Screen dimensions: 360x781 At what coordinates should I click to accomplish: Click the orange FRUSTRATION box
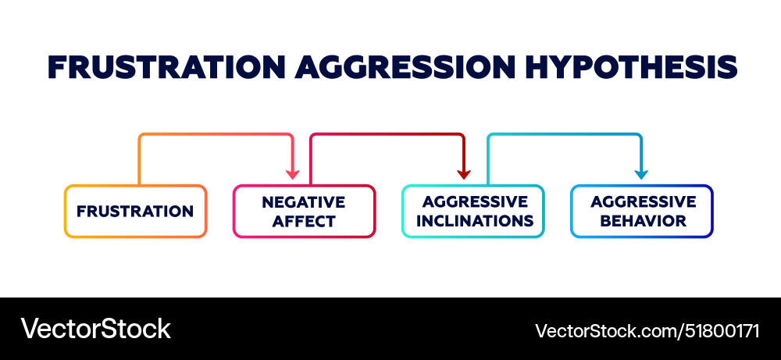pyautogui.click(x=135, y=211)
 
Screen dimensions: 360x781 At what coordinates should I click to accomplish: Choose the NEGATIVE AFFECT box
pyautogui.click(x=304, y=211)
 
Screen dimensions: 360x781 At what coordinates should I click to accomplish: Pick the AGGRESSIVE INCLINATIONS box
pyautogui.click(x=473, y=211)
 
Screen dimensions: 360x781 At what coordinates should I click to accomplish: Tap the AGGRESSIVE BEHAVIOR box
pyautogui.click(x=642, y=211)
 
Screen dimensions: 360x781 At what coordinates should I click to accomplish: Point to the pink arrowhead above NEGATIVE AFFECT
pyautogui.click(x=293, y=173)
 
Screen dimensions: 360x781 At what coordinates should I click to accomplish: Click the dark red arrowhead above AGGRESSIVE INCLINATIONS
pyautogui.click(x=463, y=173)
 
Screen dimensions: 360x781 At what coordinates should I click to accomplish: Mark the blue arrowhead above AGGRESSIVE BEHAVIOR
pyautogui.click(x=642, y=173)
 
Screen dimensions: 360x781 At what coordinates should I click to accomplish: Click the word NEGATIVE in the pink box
pyautogui.click(x=304, y=201)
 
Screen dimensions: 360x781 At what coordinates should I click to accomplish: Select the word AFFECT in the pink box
pyautogui.click(x=304, y=221)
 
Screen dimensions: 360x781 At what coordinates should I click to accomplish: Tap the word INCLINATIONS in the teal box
pyautogui.click(x=475, y=221)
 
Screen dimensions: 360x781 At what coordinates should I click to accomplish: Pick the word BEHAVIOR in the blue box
pyautogui.click(x=643, y=221)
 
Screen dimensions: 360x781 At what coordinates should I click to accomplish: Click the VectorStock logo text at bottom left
pyautogui.click(x=95, y=328)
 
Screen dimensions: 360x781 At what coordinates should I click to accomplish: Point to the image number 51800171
pyautogui.click(x=720, y=330)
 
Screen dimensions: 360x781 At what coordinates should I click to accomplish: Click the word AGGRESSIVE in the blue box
pyautogui.click(x=643, y=201)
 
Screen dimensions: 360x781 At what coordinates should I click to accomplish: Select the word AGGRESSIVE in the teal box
pyautogui.click(x=475, y=201)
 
